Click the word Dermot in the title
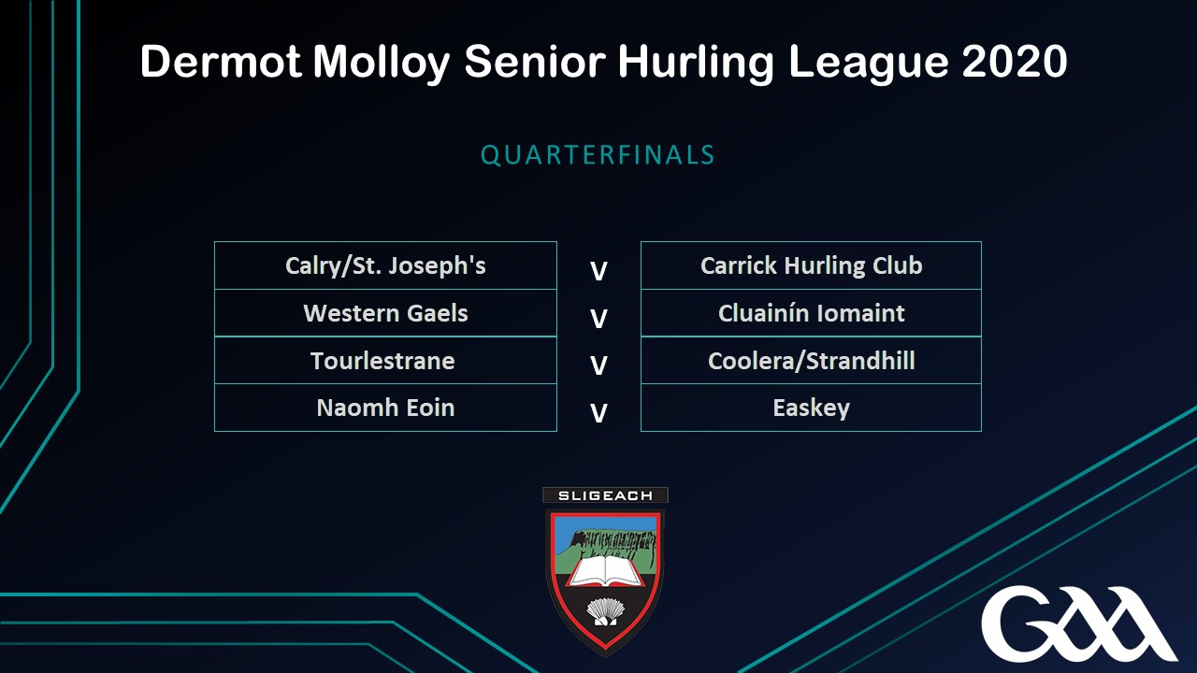click(x=221, y=62)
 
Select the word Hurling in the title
click(x=696, y=63)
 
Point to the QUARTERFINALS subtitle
click(x=598, y=155)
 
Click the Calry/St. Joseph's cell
click(x=385, y=265)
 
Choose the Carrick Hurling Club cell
click(x=811, y=265)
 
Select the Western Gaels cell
click(x=385, y=313)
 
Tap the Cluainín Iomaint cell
click(x=811, y=313)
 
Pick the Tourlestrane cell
click(x=385, y=360)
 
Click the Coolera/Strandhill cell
click(x=811, y=360)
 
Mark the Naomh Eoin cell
click(x=385, y=408)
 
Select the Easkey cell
click(x=811, y=408)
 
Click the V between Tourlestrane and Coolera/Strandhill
click(x=598, y=365)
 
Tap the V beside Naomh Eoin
click(x=598, y=413)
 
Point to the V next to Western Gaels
click(x=598, y=319)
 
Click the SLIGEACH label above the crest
click(x=605, y=495)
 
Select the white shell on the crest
click(x=605, y=611)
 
